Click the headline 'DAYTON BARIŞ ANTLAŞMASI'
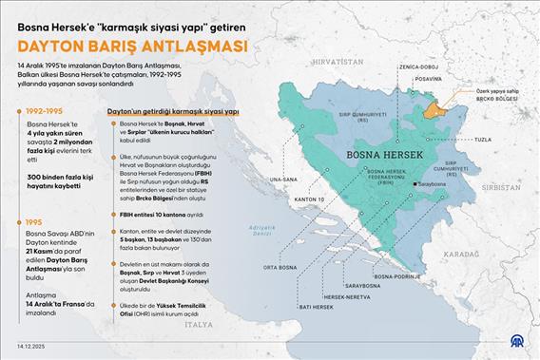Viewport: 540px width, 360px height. coord(131,46)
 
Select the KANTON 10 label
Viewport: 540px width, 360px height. coord(299,199)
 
